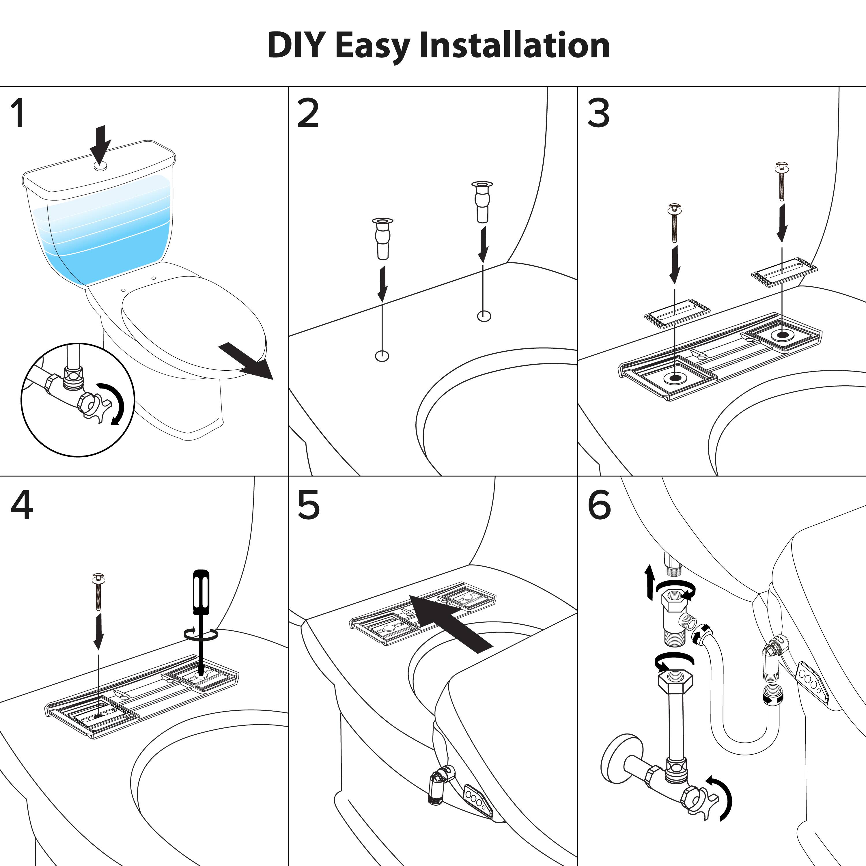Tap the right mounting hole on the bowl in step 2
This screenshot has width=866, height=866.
484,316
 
